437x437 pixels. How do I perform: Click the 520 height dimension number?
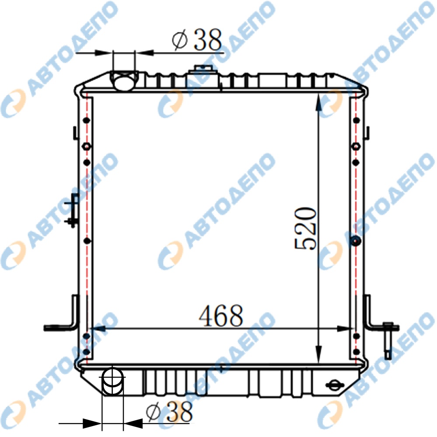pyautogui.click(x=306, y=229)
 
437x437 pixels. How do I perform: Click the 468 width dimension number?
pyautogui.click(x=221, y=316)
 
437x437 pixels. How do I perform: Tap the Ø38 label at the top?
pyautogui.click(x=197, y=39)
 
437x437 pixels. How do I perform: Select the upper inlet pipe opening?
pyautogui.click(x=124, y=81)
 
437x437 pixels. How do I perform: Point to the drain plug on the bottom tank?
pyautogui.click(x=335, y=385)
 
